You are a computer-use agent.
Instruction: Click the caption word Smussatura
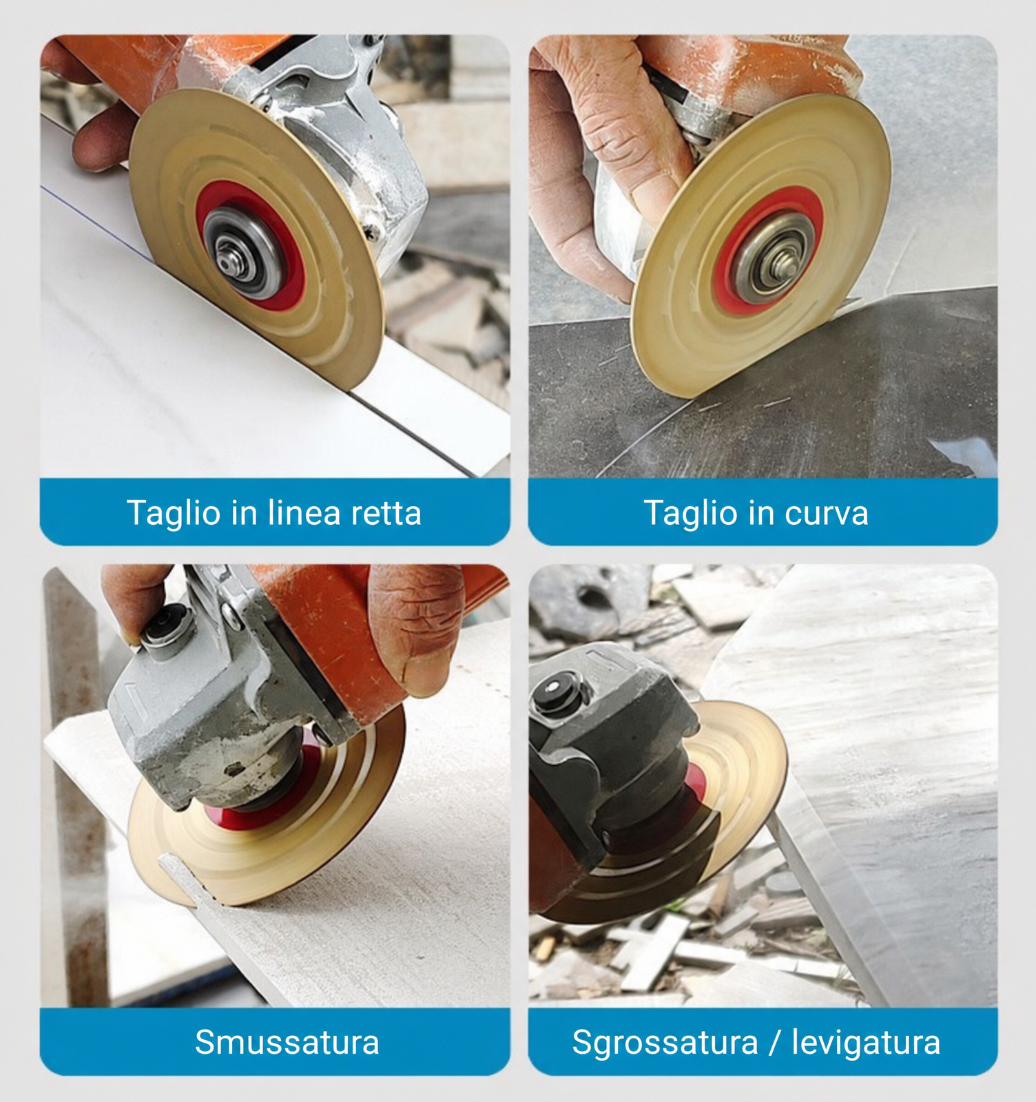(287, 1042)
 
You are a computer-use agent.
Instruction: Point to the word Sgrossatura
(665, 1043)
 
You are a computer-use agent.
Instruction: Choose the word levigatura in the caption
(866, 1043)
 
